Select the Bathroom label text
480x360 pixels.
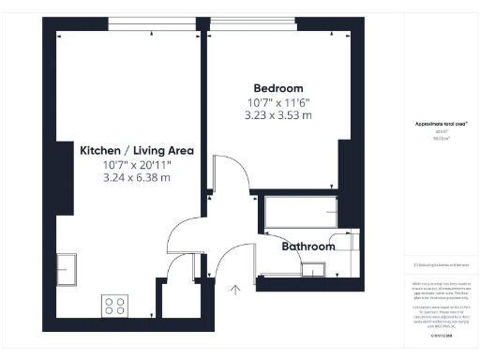click(308, 247)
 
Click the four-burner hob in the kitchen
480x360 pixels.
click(114, 306)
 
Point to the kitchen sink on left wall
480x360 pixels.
click(66, 268)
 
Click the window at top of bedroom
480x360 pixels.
click(272, 23)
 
